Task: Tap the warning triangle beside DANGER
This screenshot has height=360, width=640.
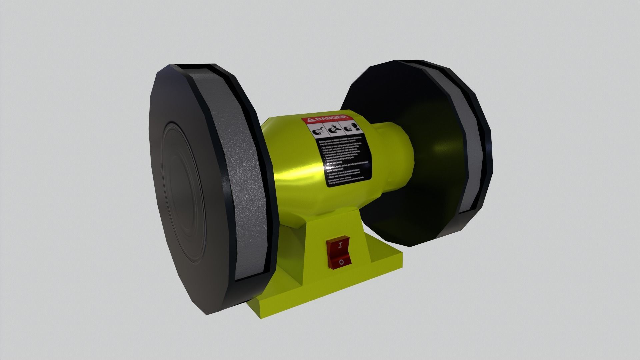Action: [310, 120]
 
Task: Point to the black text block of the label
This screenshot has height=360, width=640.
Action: [343, 160]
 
